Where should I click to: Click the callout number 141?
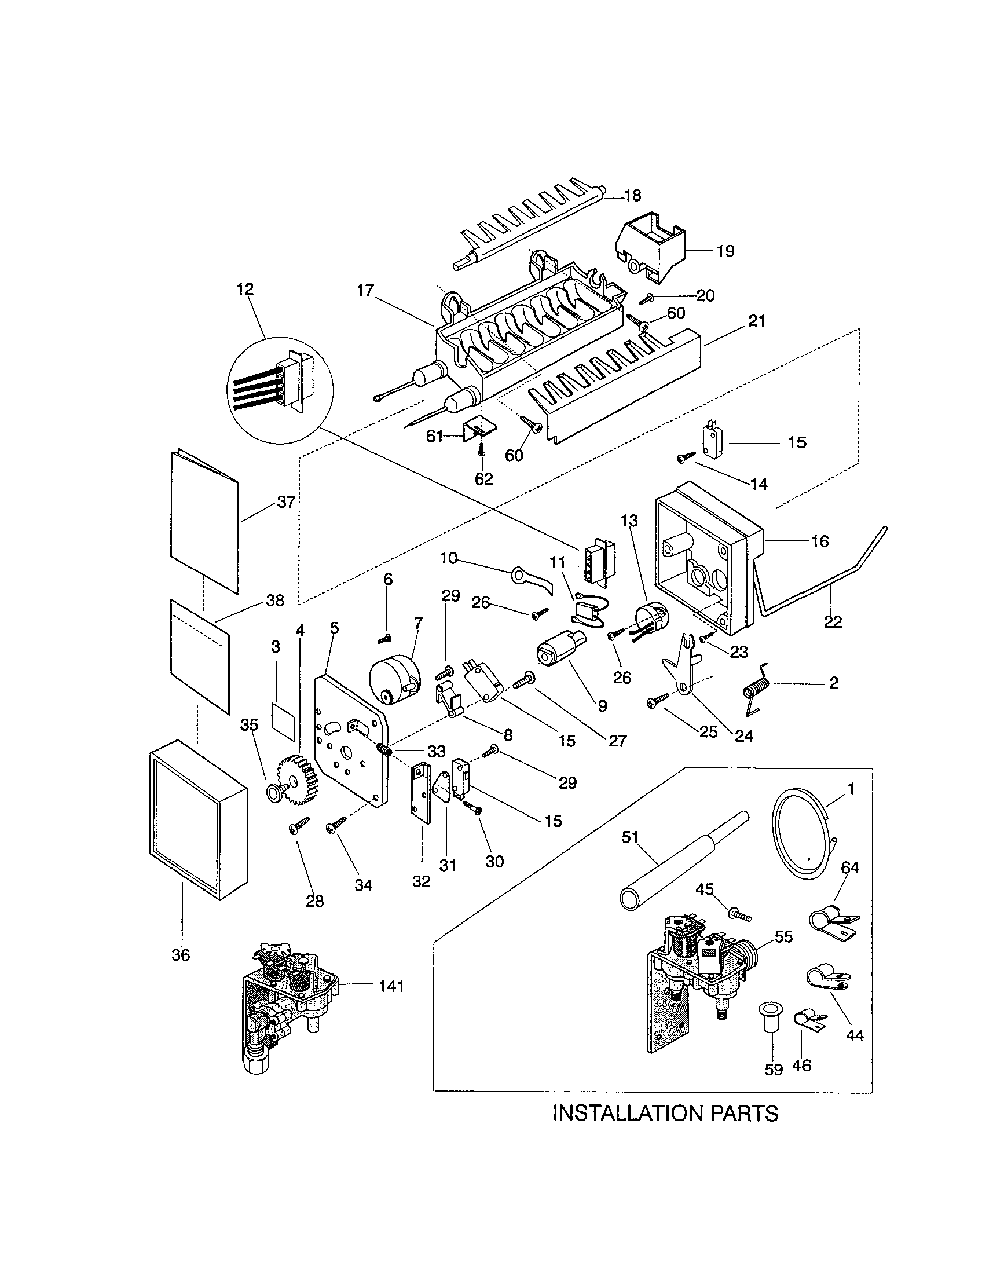coord(391,986)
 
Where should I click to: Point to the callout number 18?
coord(632,195)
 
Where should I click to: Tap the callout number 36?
coord(181,955)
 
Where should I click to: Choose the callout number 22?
coord(833,622)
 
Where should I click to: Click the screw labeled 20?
coord(647,299)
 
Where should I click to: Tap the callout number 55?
coord(783,936)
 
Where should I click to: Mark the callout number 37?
coord(285,502)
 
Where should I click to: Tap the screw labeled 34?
coord(337,823)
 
